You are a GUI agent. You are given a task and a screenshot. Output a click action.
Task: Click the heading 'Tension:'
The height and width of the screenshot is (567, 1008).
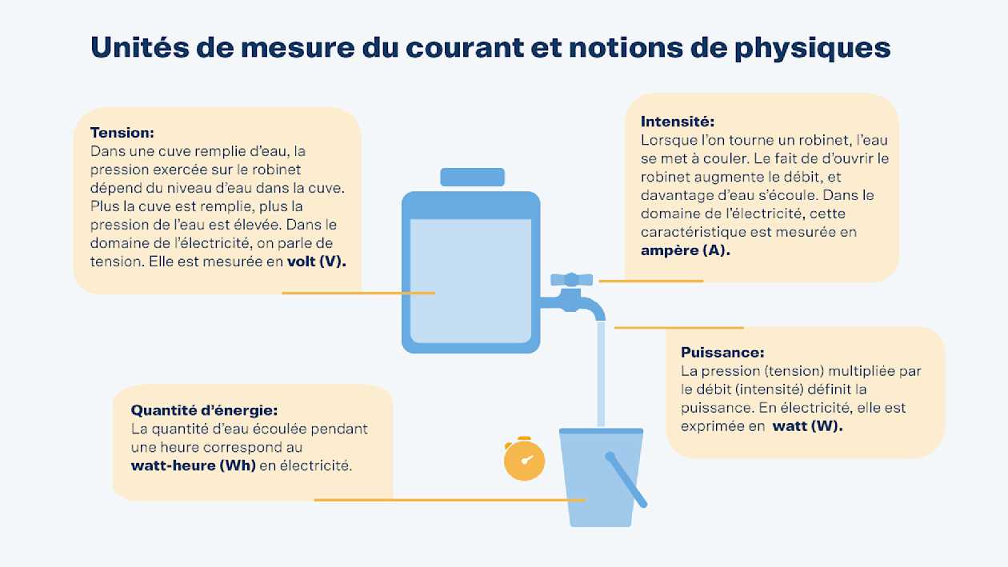coord(122,133)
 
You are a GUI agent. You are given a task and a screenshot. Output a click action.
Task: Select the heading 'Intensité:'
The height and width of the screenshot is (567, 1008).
coord(678,122)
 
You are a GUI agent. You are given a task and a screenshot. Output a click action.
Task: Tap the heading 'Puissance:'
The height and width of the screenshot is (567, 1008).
coord(722,352)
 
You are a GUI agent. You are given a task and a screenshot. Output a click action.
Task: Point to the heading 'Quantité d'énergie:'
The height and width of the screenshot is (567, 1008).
coord(204,410)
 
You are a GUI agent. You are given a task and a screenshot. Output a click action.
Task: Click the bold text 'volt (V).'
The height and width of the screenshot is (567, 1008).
coord(317,262)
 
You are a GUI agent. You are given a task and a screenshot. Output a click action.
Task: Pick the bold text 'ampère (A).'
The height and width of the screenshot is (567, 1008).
coord(686,250)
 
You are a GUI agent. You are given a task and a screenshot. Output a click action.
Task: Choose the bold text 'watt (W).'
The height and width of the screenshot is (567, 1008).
coord(808,425)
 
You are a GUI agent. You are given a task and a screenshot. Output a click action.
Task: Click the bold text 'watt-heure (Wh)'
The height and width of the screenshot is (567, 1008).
coord(194,465)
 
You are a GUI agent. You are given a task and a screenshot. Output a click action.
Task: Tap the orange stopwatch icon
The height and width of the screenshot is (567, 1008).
coord(524,458)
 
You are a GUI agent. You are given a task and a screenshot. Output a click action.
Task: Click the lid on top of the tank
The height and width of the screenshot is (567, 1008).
coord(473,177)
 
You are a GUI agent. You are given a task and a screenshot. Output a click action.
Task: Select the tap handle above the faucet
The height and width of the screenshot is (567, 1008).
coord(571,279)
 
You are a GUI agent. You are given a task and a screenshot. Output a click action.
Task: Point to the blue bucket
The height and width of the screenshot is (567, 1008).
coord(601,477)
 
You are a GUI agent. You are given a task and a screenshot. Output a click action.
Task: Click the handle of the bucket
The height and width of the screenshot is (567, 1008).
coord(626,480)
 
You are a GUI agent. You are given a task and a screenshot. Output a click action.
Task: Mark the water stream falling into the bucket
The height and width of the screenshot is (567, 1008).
coord(601,373)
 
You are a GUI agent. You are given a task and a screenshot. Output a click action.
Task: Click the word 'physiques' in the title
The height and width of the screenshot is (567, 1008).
coord(813,49)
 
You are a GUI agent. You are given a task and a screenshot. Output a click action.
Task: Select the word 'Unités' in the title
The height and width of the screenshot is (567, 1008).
coord(140,47)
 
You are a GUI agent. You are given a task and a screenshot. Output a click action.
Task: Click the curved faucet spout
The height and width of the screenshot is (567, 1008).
coord(590,307)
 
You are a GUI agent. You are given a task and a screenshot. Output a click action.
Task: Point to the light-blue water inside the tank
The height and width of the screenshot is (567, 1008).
coord(470,281)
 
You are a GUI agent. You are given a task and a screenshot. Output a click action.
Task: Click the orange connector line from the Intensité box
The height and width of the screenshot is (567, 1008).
coord(650,281)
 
